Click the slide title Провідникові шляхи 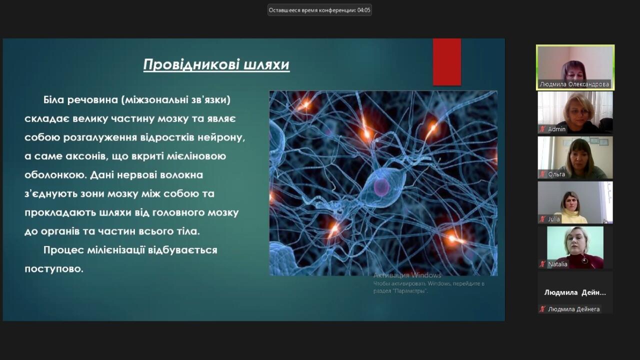click(x=216, y=64)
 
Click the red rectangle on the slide click(x=447, y=62)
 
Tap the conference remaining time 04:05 click(x=363, y=10)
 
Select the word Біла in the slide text click(x=54, y=99)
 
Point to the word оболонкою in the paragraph click(x=55, y=174)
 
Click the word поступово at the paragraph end click(x=54, y=269)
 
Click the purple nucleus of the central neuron click(x=381, y=187)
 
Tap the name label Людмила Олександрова click(x=574, y=84)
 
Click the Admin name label click(x=556, y=129)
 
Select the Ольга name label click(x=556, y=174)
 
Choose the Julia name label click(x=553, y=219)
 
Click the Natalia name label click(x=557, y=264)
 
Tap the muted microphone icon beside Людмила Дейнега click(x=542, y=309)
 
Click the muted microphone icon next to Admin click(x=542, y=129)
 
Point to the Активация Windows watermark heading click(x=407, y=275)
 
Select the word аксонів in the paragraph click(x=87, y=156)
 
